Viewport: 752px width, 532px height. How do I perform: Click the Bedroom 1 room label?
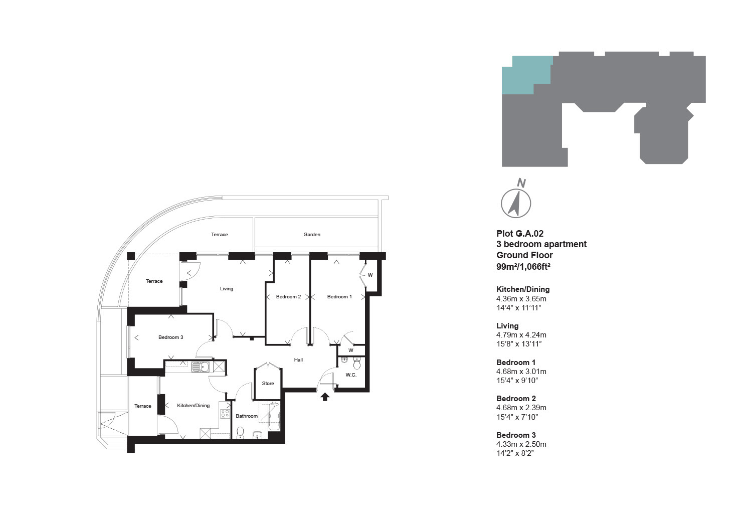[339, 296]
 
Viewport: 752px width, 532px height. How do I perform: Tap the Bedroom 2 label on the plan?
[288, 296]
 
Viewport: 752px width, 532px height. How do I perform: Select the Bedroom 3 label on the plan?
[171, 337]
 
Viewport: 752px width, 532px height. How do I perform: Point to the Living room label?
[227, 288]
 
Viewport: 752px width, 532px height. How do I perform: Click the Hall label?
[298, 360]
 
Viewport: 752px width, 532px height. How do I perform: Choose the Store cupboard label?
[268, 383]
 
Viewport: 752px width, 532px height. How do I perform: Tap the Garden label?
[312, 235]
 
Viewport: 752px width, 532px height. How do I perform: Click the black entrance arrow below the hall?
[325, 397]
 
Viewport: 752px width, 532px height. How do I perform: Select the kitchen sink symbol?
[200, 367]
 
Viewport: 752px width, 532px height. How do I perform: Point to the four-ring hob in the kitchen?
[225, 414]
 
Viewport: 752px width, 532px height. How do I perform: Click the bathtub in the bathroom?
[274, 417]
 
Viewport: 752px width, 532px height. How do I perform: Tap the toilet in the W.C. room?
[357, 364]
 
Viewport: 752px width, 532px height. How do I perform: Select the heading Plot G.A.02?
[520, 234]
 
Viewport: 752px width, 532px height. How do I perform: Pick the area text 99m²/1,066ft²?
[523, 266]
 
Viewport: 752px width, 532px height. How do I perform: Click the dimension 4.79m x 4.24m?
[521, 335]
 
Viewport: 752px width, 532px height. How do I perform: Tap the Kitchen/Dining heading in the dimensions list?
[523, 289]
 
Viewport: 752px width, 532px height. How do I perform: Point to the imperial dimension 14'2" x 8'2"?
[515, 453]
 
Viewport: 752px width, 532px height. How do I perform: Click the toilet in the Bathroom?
[240, 433]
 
